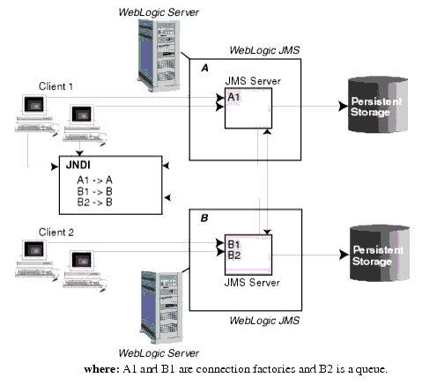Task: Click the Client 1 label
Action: tap(56, 86)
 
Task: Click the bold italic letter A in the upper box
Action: tap(205, 66)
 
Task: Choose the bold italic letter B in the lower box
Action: tap(204, 216)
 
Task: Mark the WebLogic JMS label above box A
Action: tap(264, 52)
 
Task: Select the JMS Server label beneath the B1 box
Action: tap(251, 283)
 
